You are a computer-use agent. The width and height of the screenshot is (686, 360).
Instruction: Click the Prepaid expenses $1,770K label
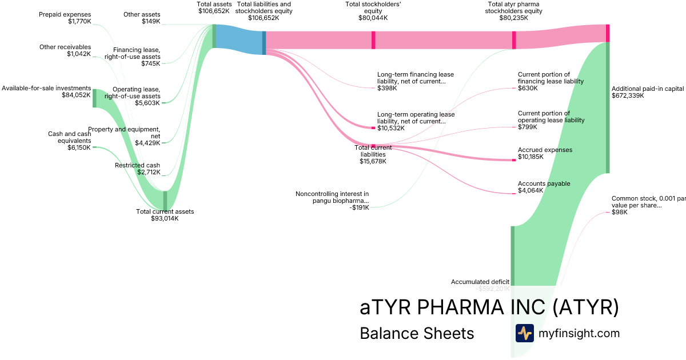[x=65, y=18]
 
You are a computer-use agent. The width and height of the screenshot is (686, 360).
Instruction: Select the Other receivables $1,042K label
[x=65, y=50]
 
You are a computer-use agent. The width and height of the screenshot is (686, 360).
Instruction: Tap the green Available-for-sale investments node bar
[x=94, y=98]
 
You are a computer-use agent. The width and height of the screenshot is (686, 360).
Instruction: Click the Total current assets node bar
[x=165, y=201]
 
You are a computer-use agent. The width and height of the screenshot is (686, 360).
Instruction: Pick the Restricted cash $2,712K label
[x=137, y=169]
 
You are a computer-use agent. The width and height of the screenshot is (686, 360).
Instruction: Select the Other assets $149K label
[x=142, y=18]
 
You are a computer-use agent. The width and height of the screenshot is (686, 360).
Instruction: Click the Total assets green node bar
[x=214, y=36]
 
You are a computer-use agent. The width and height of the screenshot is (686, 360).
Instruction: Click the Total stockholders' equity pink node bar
[x=373, y=40]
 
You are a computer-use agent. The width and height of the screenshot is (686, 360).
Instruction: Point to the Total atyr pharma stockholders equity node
[x=514, y=40]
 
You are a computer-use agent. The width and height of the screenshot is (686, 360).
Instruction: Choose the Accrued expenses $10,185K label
[x=544, y=153]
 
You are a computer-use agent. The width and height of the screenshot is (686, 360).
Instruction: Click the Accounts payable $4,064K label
[x=544, y=187]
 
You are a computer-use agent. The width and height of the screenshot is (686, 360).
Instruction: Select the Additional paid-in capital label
[x=648, y=92]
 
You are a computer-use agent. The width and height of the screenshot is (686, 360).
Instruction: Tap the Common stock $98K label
[x=648, y=205]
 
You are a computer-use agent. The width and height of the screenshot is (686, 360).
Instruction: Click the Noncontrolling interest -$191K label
[x=332, y=201]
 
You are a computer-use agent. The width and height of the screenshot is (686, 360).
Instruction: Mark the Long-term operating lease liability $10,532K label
[x=416, y=121]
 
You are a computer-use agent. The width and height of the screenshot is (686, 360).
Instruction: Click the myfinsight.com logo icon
[x=524, y=333]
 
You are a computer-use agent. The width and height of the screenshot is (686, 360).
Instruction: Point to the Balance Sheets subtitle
[x=417, y=333]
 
